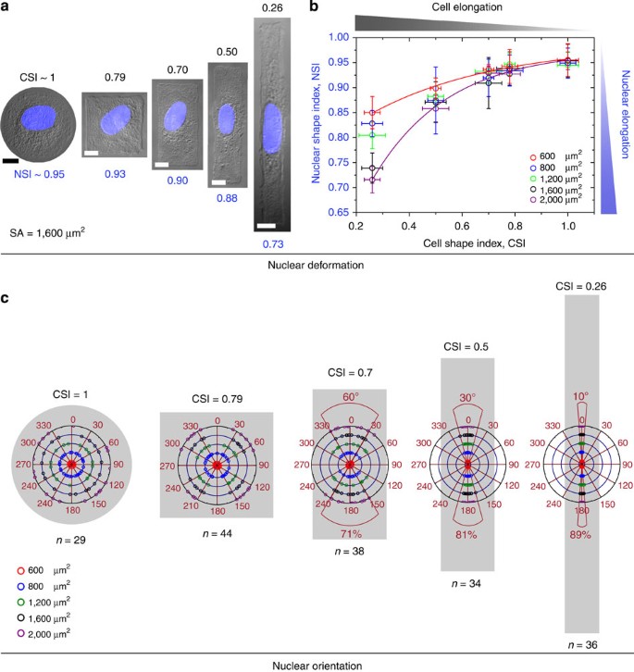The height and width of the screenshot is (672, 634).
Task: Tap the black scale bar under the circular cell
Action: (x=10, y=161)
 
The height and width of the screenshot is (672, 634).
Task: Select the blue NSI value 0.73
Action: (x=273, y=244)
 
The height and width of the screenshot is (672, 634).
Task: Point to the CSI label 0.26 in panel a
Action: (x=272, y=7)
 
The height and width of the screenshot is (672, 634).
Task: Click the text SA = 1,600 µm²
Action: (x=47, y=233)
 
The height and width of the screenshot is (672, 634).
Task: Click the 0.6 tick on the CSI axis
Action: (x=462, y=226)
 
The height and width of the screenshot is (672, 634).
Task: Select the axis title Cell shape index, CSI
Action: (x=474, y=243)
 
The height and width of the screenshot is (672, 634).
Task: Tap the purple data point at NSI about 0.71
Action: (x=372, y=180)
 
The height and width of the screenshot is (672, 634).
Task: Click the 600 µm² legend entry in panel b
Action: (x=555, y=156)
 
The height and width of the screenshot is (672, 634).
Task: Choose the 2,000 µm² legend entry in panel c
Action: (x=44, y=634)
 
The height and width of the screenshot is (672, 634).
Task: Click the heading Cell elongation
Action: (x=466, y=7)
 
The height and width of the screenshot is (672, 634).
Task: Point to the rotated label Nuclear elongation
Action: (x=626, y=115)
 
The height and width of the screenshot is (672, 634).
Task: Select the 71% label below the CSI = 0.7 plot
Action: (x=351, y=534)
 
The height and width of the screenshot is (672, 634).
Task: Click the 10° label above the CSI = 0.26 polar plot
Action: (x=581, y=396)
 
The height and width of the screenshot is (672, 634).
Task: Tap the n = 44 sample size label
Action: (x=218, y=533)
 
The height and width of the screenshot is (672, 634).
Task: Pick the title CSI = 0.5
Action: (x=466, y=347)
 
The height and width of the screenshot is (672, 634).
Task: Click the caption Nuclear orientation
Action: (x=317, y=666)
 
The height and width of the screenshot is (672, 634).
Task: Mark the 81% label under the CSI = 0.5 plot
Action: (x=466, y=535)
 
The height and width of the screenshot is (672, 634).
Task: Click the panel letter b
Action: (x=314, y=6)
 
